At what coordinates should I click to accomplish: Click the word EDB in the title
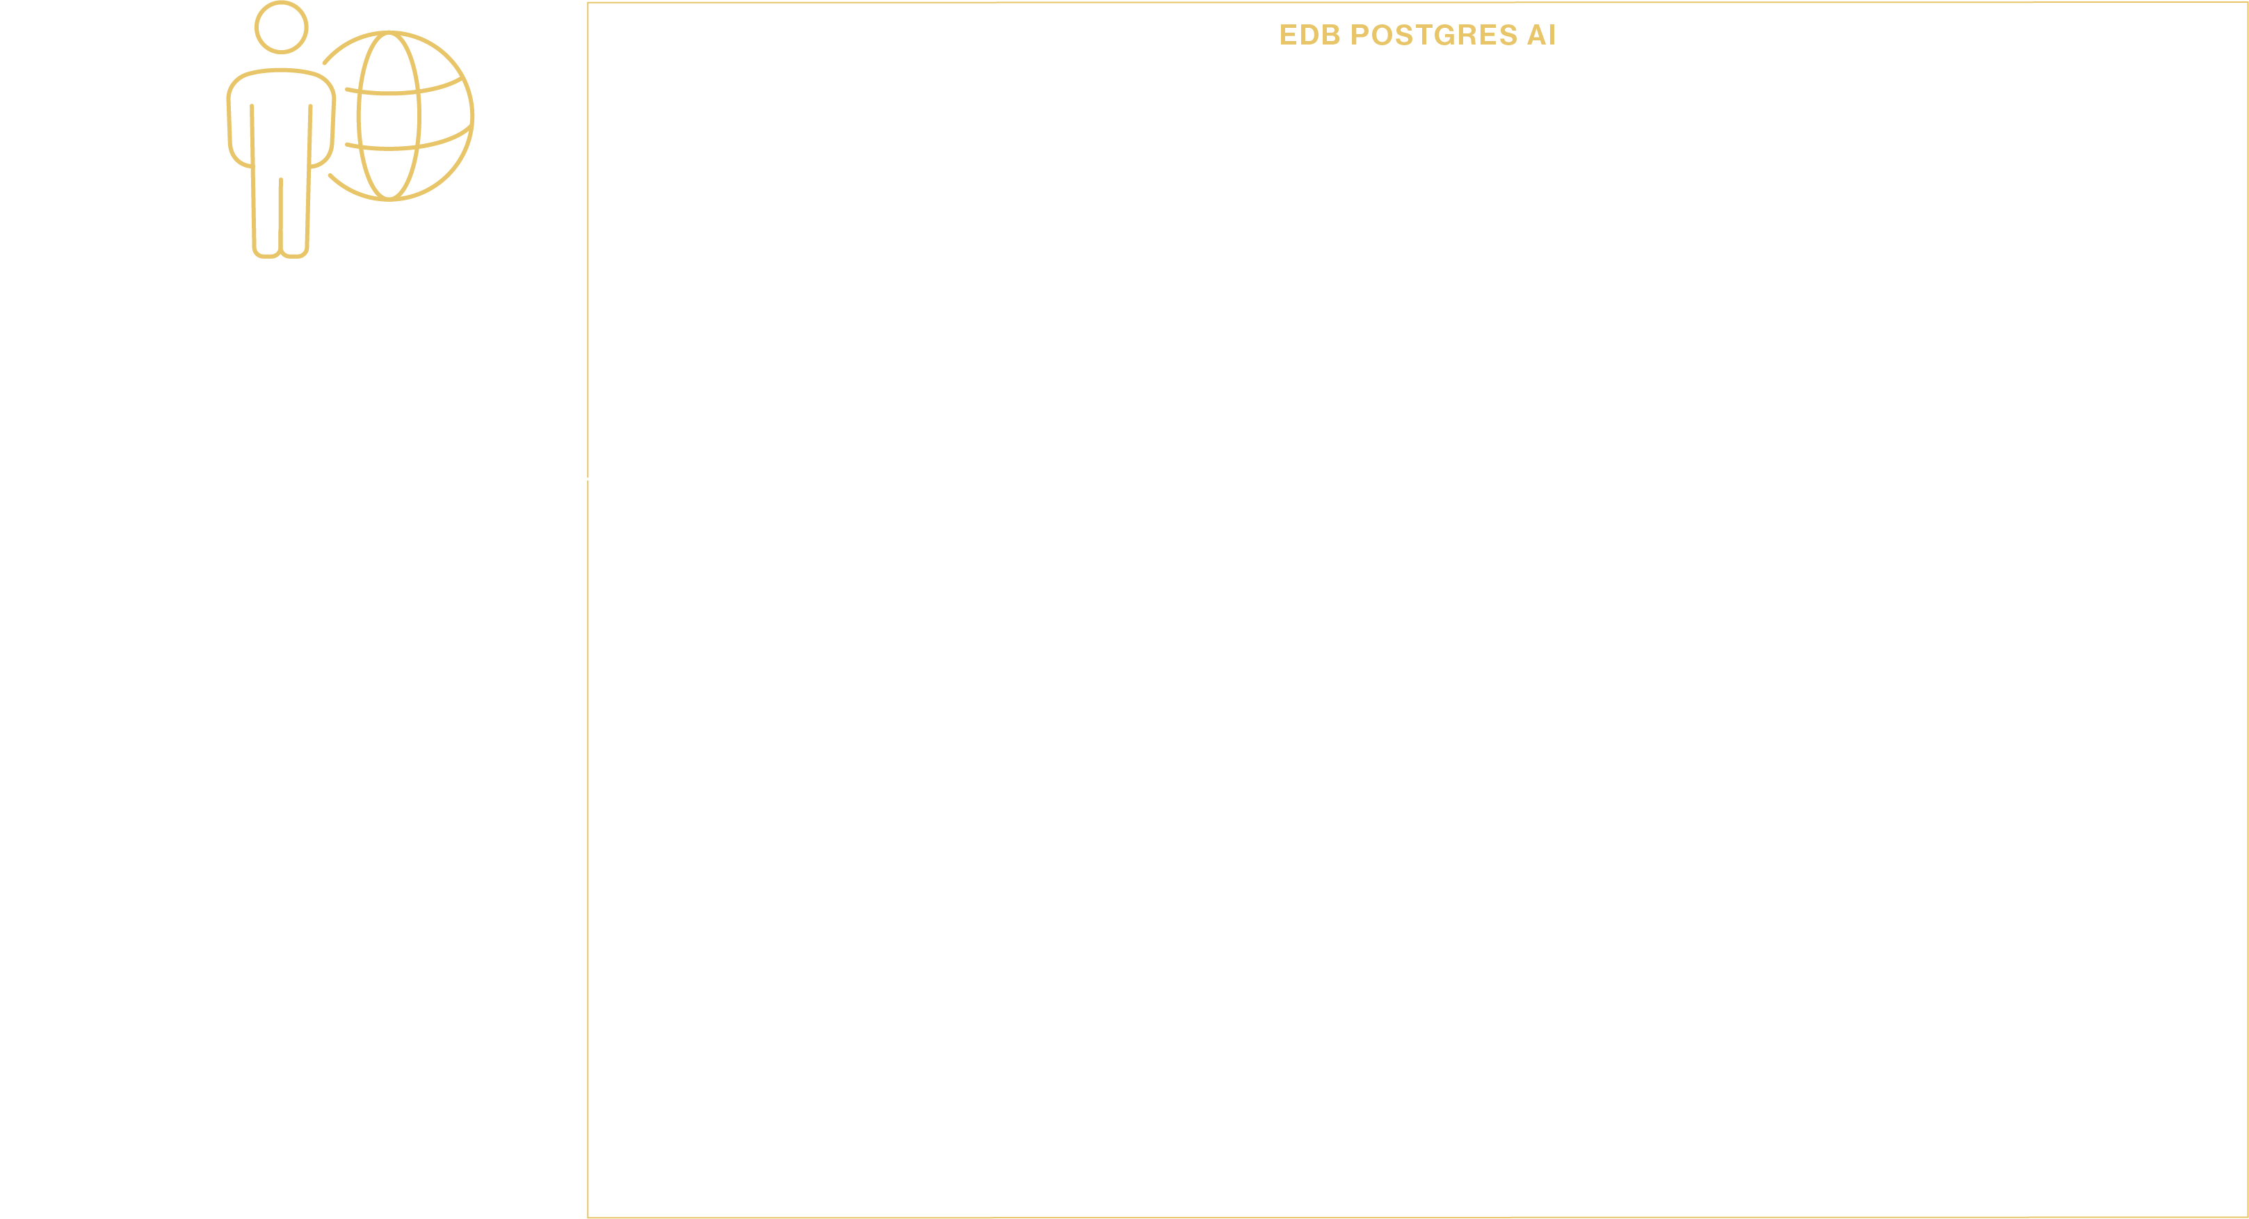1309,35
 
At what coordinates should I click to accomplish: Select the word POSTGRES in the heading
1433,35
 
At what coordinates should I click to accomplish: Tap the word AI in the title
1541,35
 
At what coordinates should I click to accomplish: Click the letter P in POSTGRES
1360,35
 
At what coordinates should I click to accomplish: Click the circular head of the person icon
281,27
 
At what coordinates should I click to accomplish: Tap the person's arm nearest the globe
322,131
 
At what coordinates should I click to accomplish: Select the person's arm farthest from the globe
240,131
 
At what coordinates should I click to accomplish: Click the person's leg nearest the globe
295,218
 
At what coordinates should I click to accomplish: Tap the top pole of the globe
389,32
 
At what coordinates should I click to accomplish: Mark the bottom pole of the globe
389,199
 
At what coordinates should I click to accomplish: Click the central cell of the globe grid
389,120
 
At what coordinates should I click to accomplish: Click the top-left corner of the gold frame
588,3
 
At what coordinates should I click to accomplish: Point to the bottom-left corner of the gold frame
588,1216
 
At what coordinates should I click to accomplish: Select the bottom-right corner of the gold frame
2246,1216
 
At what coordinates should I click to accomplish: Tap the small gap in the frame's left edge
588,479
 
